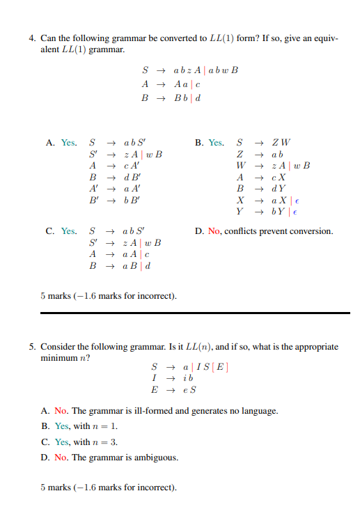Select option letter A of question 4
tap(51, 143)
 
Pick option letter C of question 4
tap(51, 231)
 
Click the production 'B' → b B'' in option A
tap(114, 198)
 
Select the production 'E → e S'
tap(177, 389)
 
